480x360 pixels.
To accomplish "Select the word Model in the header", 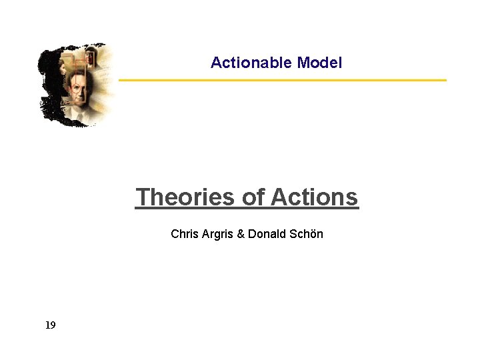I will (x=319, y=63).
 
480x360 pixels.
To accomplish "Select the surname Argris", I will (x=217, y=234).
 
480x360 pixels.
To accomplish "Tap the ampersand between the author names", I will (x=241, y=234).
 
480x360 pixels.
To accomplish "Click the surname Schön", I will (x=306, y=234).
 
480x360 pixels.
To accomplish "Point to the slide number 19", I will (x=51, y=325).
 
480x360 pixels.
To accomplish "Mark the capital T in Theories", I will (x=141, y=197).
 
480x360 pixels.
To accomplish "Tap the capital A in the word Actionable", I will (x=215, y=63).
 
